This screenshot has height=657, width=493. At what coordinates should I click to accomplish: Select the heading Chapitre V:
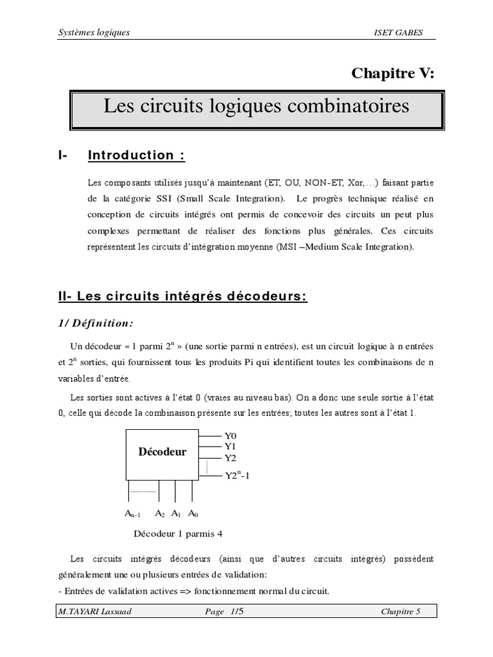(393, 73)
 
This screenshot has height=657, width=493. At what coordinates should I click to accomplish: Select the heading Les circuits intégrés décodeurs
(183, 296)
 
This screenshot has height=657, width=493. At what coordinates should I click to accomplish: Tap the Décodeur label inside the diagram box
(162, 452)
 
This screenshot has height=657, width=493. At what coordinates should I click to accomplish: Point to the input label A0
(193, 513)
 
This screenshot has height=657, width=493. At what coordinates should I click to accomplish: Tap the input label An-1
(132, 514)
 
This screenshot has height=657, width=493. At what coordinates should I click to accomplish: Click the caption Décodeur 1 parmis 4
(178, 533)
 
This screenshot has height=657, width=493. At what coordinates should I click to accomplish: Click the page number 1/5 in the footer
(239, 611)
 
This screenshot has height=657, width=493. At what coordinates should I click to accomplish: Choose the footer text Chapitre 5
(401, 611)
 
